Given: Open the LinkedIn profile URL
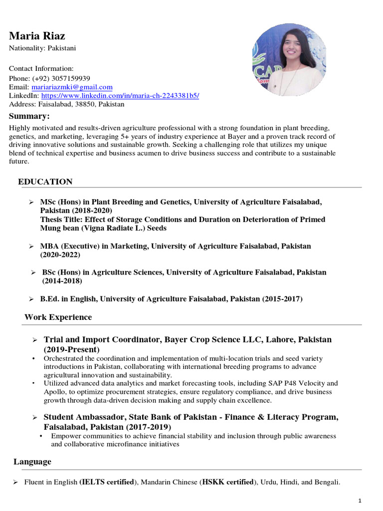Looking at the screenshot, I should (120, 95).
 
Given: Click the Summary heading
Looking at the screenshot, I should (29, 116).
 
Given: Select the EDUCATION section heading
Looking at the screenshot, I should (45, 182).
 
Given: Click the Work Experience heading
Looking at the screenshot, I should (58, 317).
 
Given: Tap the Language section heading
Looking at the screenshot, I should (32, 462).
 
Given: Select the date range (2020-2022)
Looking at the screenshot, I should (60, 255).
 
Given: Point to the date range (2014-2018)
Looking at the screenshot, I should (62, 281).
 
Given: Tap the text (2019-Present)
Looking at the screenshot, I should (71, 349).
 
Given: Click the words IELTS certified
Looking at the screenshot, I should (107, 483).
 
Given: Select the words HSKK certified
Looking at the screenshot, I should (227, 483).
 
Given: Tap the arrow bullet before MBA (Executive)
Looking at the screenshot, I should (31, 247).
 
